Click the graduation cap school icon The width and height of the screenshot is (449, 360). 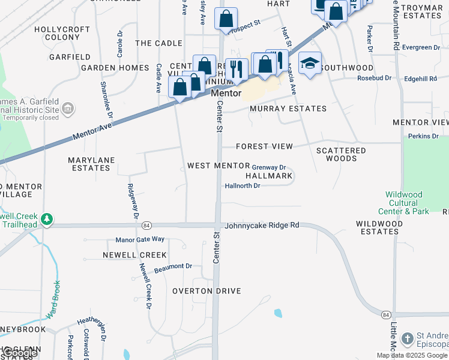(310, 64)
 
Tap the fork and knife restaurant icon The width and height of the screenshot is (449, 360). (237, 69)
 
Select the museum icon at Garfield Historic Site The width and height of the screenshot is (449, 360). (68, 109)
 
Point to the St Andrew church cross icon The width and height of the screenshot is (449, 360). (407, 338)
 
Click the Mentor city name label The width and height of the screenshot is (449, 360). (226, 94)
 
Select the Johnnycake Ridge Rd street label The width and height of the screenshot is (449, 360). (262, 226)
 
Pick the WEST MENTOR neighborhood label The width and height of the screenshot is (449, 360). (218, 166)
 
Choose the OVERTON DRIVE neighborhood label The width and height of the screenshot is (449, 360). (206, 291)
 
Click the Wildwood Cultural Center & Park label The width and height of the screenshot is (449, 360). (403, 203)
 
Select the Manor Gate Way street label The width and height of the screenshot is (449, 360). (140, 239)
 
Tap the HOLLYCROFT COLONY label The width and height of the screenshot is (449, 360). (57, 33)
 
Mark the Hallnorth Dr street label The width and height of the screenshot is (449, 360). (242, 186)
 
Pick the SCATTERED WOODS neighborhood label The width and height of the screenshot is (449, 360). (341, 154)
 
